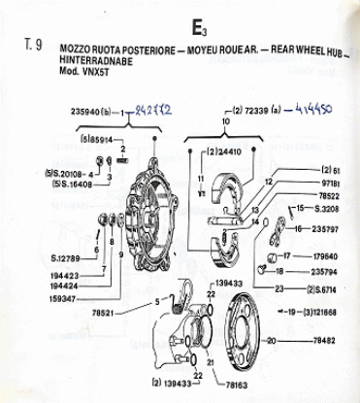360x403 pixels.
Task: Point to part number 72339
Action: click(252, 113)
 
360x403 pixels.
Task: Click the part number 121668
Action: click(327, 314)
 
